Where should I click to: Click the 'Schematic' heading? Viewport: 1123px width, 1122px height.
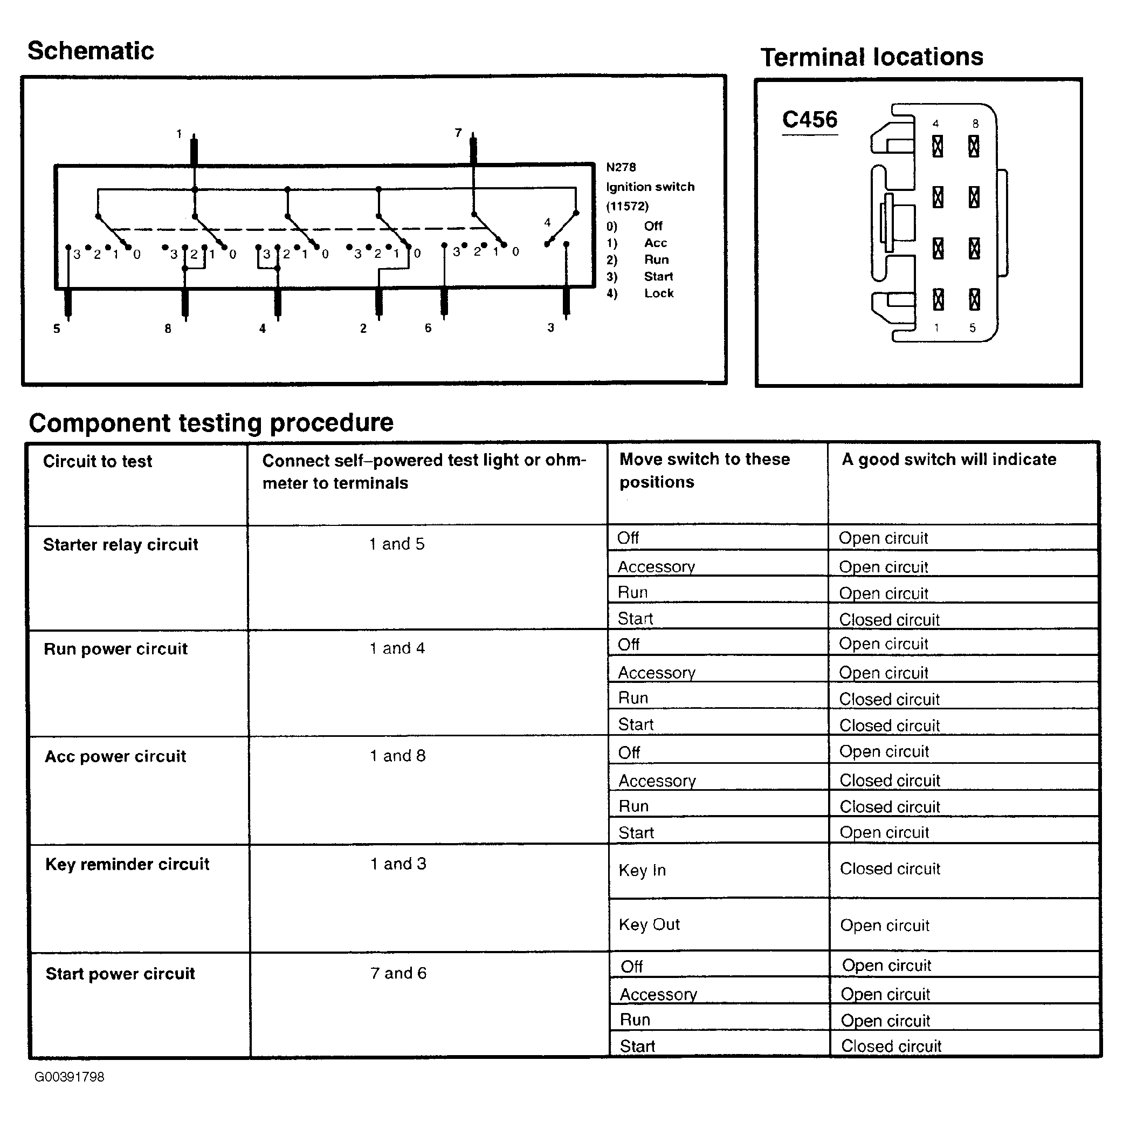point(91,51)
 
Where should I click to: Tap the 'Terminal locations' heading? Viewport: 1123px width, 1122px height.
point(871,57)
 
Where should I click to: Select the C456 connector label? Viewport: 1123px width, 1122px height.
point(809,120)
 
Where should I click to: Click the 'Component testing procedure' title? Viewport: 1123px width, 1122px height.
point(211,423)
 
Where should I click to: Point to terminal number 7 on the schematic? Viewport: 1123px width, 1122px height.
point(458,133)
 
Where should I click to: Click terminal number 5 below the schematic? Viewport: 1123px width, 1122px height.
point(57,329)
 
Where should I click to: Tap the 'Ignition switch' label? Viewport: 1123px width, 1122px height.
point(650,187)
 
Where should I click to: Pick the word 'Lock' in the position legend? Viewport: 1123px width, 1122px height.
point(659,293)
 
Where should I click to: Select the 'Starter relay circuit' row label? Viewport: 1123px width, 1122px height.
point(120,545)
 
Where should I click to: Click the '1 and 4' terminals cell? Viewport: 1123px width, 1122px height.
point(397,648)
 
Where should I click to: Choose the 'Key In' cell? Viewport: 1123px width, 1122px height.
point(642,870)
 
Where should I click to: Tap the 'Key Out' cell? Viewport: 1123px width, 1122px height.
point(649,924)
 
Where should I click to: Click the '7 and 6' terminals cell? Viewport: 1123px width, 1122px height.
point(398,973)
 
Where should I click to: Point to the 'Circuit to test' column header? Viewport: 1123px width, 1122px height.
point(97,461)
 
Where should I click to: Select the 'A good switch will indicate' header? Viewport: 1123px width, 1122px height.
point(949,460)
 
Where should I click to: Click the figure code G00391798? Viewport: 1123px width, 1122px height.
point(69,1077)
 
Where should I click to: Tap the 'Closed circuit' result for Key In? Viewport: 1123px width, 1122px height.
point(890,869)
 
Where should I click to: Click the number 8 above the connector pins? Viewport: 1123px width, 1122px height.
point(975,124)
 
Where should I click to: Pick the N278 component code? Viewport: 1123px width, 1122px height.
point(621,168)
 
